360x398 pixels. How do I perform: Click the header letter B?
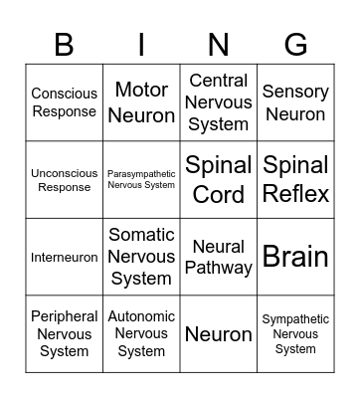tap(64, 45)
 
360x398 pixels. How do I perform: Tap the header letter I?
tap(141, 45)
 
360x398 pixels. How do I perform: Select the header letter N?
tap(219, 45)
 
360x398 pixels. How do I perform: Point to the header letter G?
tap(295, 45)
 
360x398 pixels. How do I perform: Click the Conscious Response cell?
tap(64, 102)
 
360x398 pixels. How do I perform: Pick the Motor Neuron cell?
tap(141, 102)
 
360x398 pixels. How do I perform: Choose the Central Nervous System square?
tap(219, 102)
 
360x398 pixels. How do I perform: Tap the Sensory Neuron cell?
tap(295, 102)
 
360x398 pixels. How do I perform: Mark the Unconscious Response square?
tap(64, 180)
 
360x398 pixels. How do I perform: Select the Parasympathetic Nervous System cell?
tap(141, 180)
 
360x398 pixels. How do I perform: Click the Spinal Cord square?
tap(219, 180)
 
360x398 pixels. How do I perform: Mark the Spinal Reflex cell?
tap(295, 180)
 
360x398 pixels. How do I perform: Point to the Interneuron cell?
tap(64, 257)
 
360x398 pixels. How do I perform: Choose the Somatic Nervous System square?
tap(141, 257)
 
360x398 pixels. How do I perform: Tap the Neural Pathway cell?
tap(219, 257)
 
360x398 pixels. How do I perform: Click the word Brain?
tap(295, 257)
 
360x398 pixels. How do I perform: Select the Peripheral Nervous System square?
tap(64, 334)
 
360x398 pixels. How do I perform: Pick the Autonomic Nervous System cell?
tap(141, 334)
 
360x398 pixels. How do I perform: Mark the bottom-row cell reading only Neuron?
tap(219, 334)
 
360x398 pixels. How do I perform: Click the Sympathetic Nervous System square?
tap(295, 334)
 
